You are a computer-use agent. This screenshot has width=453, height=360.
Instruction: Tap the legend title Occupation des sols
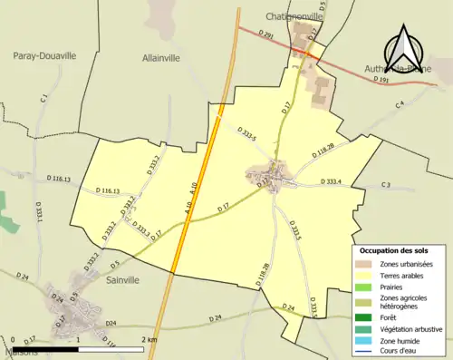[395, 249]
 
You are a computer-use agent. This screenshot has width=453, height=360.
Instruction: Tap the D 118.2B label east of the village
[323, 151]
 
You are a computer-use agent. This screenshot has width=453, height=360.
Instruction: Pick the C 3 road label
[385, 186]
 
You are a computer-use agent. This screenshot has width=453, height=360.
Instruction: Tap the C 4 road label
[399, 106]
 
